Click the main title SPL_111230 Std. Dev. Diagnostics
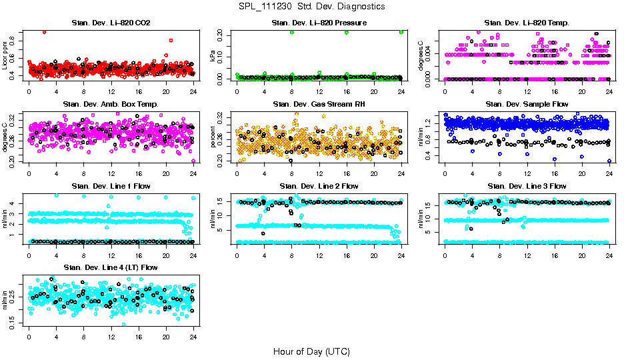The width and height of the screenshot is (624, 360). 311,7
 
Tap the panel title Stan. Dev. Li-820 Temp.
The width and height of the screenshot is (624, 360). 527,23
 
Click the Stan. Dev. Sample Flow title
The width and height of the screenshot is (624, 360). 527,105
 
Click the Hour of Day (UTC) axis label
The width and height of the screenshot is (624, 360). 311,351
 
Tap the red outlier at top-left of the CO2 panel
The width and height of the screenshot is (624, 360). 44,31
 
